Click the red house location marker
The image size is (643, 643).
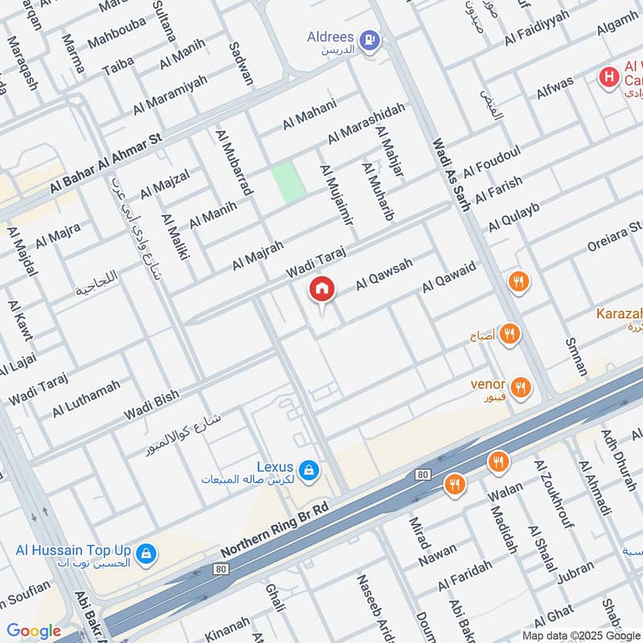321,288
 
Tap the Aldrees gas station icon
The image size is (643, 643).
369,38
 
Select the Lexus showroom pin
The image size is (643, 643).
307,469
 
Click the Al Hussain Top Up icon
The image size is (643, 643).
145,553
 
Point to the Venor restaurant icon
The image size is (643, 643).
522,388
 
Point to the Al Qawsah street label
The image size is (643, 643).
384,274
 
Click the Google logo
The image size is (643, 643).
34,631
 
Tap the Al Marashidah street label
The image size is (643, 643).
367,122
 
